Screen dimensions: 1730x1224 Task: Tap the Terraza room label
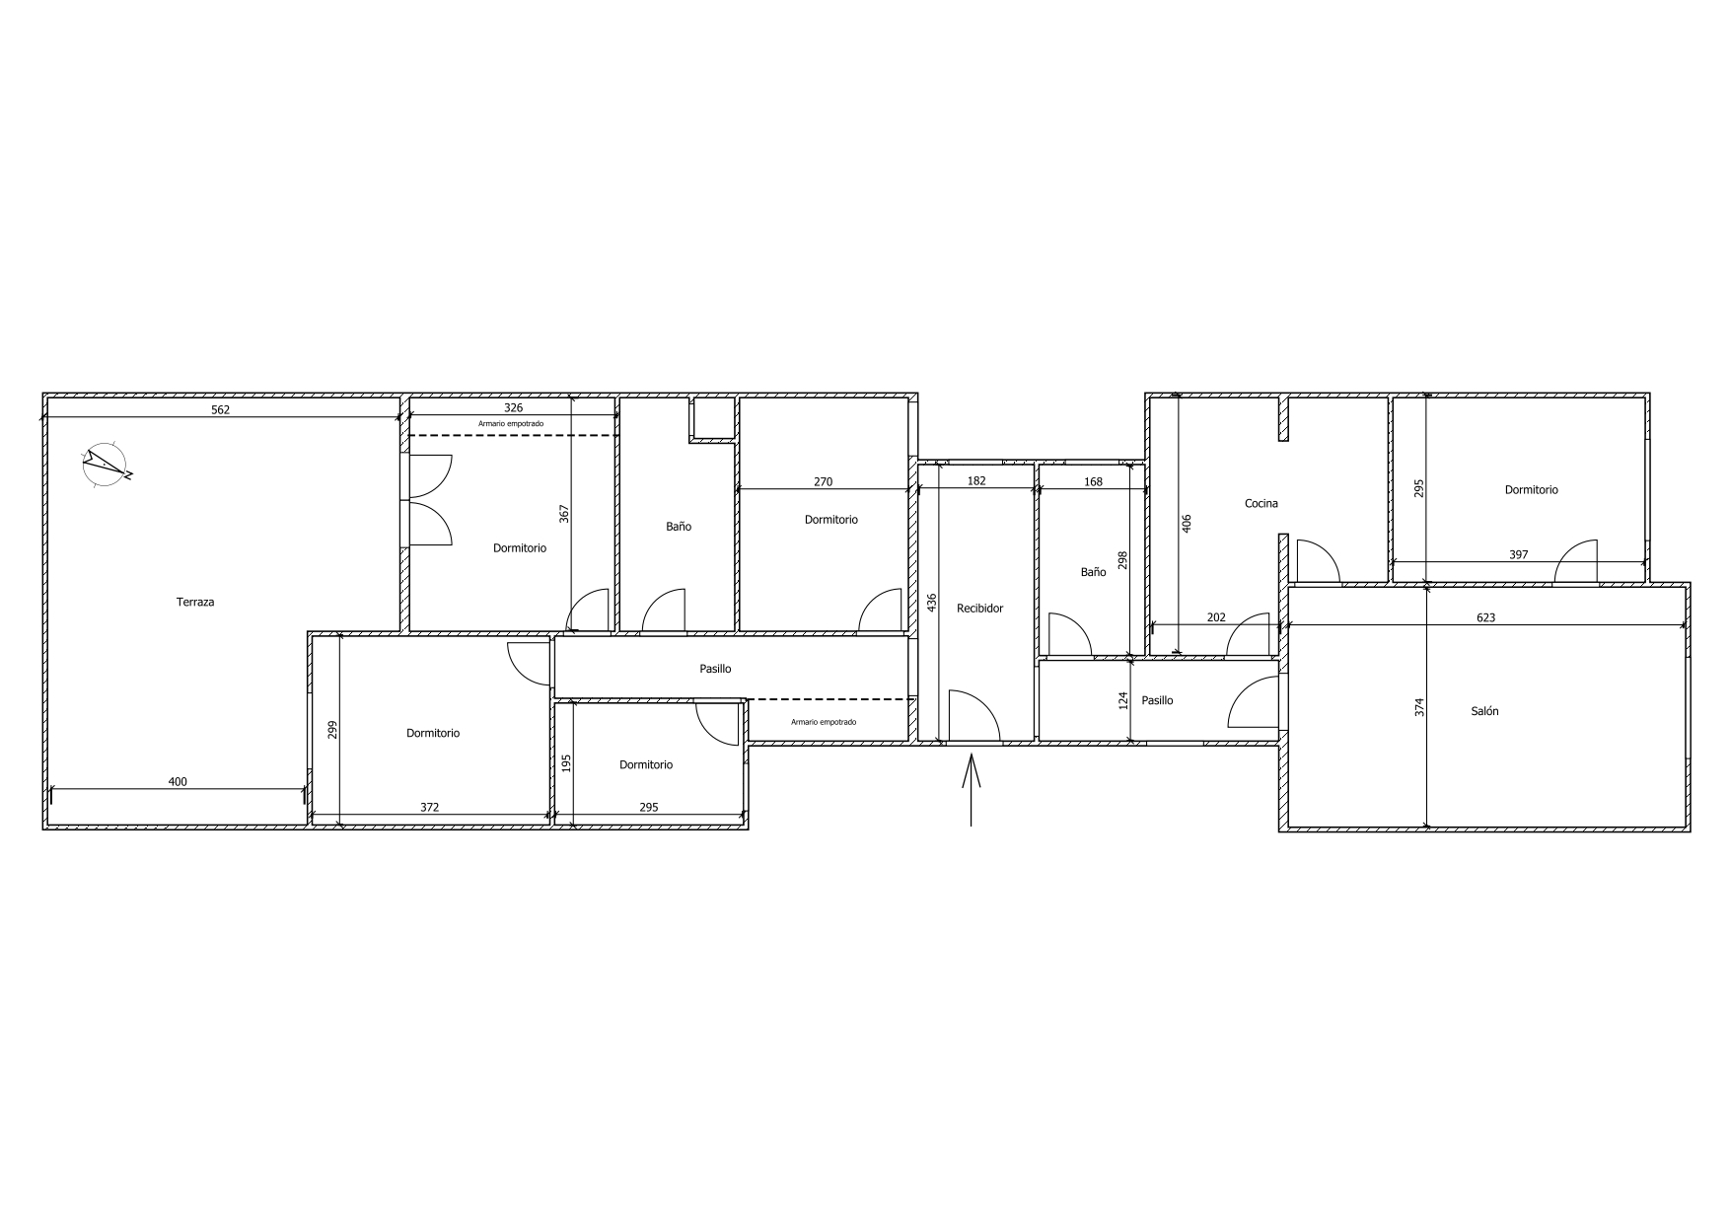pos(195,602)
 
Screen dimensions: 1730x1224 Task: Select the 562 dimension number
pos(221,409)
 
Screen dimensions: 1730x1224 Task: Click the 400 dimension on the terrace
pos(178,781)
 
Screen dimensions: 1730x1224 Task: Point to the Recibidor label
pos(979,609)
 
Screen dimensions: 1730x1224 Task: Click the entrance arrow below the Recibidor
pos(973,789)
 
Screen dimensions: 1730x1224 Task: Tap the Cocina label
pos(1261,503)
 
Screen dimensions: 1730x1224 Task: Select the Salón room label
pos(1484,710)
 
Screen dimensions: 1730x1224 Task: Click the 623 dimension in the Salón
pos(1486,617)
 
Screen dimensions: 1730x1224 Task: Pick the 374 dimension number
pos(1419,707)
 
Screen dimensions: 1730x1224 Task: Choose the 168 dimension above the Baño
pos(1093,481)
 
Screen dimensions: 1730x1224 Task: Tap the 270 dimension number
pos(823,481)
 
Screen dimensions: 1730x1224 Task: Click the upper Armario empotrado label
pos(511,424)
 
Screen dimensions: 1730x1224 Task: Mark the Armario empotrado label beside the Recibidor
pos(824,722)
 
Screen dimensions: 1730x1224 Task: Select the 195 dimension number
pos(566,763)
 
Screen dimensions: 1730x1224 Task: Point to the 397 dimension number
pos(1519,554)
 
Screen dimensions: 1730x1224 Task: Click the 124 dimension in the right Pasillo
pos(1122,700)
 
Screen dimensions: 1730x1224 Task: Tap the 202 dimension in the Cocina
pos(1216,617)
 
